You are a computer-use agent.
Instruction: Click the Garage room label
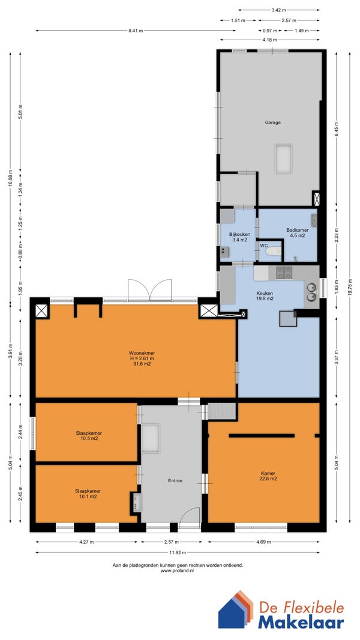click(x=273, y=122)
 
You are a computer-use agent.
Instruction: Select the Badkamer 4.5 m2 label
click(x=297, y=233)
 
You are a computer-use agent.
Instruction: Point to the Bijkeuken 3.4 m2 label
click(x=239, y=237)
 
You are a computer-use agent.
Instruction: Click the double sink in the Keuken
click(x=311, y=291)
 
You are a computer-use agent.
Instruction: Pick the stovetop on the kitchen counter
click(x=284, y=273)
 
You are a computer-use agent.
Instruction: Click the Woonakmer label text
click(x=142, y=353)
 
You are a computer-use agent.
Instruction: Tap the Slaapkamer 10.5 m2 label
click(x=88, y=435)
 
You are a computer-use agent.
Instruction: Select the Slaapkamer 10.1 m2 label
click(x=88, y=494)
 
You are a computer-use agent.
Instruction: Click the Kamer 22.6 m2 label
click(x=269, y=476)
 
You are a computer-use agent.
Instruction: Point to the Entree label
click(x=175, y=480)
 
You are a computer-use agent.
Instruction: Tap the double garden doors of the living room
click(x=149, y=290)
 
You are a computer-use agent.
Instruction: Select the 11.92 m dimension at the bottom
click(x=178, y=553)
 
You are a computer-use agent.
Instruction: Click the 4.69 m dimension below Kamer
click(x=263, y=542)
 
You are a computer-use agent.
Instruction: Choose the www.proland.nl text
click(x=178, y=570)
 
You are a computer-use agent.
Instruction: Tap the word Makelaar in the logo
click(x=301, y=622)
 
